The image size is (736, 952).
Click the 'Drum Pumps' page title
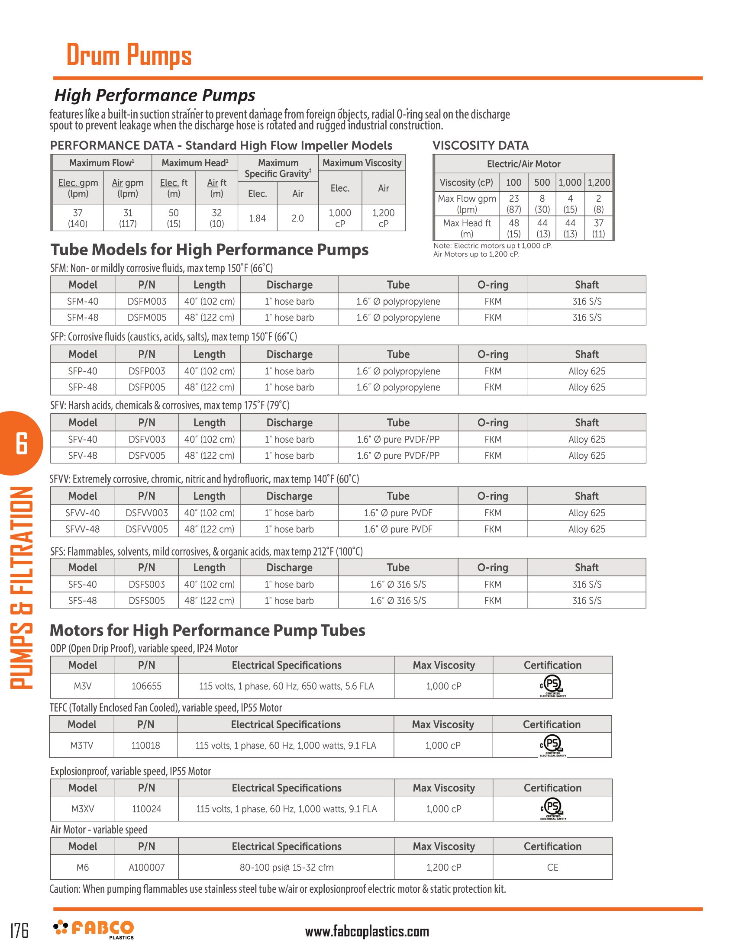129,55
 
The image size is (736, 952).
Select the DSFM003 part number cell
146,301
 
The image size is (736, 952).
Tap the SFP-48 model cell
82,387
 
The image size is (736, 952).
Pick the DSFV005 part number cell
146,456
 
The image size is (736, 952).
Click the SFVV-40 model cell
82,513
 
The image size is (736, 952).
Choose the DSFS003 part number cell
146,585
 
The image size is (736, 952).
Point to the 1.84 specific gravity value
257,218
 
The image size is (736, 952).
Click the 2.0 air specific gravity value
297,218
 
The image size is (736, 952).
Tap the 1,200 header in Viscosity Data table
599,183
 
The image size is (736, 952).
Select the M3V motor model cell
82,686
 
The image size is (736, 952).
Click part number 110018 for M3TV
145,746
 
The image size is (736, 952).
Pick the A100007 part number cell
146,868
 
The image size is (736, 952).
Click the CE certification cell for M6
552,868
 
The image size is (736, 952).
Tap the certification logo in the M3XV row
552,809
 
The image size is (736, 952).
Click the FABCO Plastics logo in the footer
94,929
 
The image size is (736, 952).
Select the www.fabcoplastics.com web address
367,932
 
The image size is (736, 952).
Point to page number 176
19,930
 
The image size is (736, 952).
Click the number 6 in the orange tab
21,443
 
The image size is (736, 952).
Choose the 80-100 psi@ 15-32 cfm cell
287,868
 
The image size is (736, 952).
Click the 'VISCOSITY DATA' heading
480,145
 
